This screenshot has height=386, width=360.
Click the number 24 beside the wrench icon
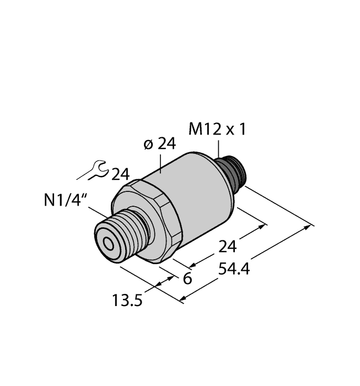[x=120, y=175]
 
